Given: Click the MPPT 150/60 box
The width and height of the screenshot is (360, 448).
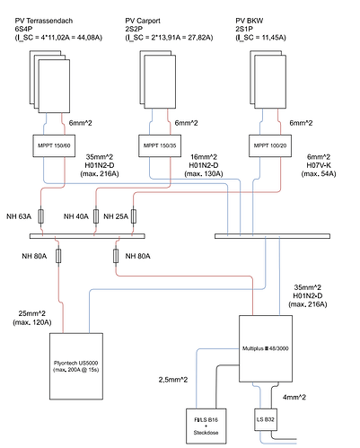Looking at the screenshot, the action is [54, 145].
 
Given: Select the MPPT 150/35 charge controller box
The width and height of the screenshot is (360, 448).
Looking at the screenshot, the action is [160, 145].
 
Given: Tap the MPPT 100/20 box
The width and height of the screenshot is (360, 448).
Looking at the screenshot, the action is [270, 145].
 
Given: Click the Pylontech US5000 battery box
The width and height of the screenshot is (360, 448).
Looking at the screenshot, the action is [76, 366].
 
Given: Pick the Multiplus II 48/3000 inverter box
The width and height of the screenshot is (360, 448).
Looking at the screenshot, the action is [266, 348].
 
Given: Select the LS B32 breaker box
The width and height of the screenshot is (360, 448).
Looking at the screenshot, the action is [266, 419].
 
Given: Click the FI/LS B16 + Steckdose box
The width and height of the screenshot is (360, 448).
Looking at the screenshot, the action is [206, 426].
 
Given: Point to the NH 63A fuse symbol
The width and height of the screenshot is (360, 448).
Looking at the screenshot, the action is [41, 216].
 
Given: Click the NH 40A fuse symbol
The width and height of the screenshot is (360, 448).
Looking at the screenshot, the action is [96, 216].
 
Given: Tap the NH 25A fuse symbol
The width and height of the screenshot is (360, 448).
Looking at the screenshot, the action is [134, 216].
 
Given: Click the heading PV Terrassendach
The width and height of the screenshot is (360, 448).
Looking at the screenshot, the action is [44, 21].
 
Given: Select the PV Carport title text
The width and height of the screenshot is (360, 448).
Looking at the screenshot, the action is [143, 21].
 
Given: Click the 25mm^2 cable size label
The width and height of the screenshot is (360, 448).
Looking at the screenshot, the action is [32, 313].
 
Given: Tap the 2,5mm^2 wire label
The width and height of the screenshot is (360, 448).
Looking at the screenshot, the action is [173, 380].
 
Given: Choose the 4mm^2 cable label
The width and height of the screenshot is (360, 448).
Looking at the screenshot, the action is [294, 398].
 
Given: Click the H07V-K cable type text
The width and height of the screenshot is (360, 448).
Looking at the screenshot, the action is [319, 165].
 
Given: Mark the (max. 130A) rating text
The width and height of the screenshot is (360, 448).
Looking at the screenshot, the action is [204, 174].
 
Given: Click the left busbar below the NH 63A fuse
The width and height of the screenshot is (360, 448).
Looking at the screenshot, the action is [87, 236].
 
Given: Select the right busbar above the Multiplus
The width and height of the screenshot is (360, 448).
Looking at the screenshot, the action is [272, 236].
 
